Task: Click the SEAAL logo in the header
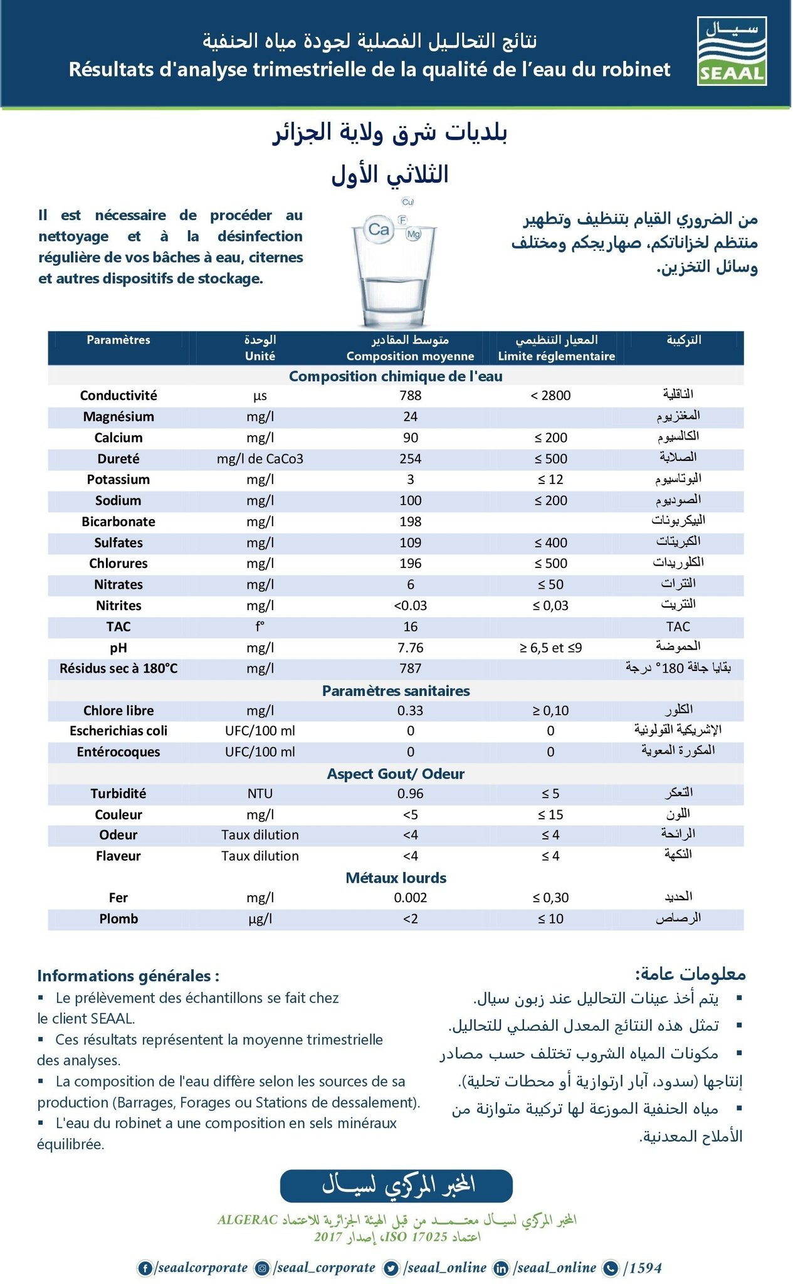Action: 732,51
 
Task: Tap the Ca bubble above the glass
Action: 379,230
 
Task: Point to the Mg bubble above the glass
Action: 413,234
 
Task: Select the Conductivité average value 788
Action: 410,396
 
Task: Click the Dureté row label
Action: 118,459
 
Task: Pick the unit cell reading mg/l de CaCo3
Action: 260,459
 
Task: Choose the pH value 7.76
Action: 410,648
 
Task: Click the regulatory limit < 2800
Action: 550,396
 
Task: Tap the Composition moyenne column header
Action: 410,356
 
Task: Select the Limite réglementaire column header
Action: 556,356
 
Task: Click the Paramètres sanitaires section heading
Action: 396,691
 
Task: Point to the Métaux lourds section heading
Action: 396,878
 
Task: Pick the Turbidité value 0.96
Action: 410,794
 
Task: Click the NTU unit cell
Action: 260,794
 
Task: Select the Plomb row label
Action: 118,919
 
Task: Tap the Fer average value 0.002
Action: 410,898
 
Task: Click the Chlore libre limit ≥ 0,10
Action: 550,710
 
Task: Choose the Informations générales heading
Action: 128,976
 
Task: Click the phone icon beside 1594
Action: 610,1268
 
